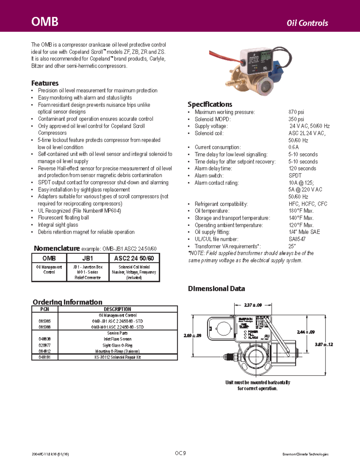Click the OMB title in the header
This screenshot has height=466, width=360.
(x=45, y=22)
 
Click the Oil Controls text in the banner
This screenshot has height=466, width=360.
(x=307, y=23)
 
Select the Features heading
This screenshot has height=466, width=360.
(x=45, y=83)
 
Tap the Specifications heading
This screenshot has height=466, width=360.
(x=210, y=104)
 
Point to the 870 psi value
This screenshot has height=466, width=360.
(x=296, y=112)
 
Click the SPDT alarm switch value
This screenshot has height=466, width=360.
(x=295, y=176)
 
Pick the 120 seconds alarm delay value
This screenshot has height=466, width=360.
(x=302, y=168)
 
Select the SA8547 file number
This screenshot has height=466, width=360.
(x=297, y=239)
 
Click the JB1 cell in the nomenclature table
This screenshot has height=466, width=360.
(x=88, y=258)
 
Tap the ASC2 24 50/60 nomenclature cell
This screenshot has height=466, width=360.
(x=134, y=258)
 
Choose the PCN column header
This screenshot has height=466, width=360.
(x=44, y=309)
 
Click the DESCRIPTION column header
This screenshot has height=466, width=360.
(x=117, y=309)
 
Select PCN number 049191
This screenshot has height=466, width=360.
(x=44, y=357)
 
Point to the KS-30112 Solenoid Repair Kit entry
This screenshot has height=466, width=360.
(x=117, y=357)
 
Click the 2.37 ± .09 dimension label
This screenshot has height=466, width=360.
(x=253, y=305)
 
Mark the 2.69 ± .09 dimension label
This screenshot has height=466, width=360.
(x=192, y=335)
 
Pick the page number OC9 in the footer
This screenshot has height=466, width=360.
(x=180, y=453)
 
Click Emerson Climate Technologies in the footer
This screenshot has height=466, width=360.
(x=305, y=454)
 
